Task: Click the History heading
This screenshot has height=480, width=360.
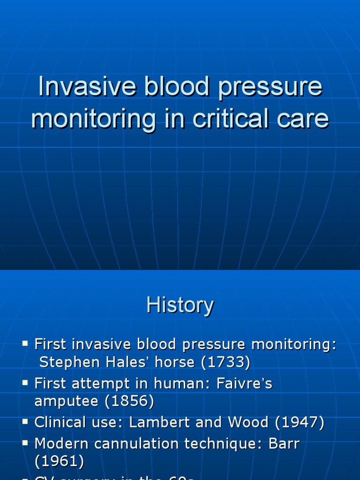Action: click(180, 306)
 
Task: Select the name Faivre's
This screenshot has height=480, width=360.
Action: click(243, 383)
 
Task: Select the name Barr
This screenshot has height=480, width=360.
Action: click(284, 443)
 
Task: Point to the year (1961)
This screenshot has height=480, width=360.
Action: click(59, 461)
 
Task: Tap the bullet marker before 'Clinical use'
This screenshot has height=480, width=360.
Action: click(25, 422)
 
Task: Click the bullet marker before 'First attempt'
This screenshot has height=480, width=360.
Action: click(25, 383)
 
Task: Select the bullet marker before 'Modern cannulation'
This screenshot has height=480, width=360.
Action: click(25, 443)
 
